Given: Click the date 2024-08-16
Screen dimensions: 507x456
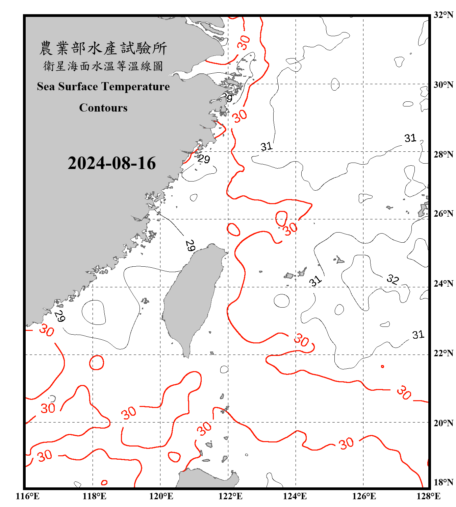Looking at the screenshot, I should point(111,163).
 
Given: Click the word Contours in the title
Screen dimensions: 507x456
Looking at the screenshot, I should point(103,108).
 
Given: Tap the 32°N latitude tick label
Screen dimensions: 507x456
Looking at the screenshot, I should point(443,15).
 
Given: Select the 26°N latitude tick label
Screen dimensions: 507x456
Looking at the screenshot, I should point(443,214).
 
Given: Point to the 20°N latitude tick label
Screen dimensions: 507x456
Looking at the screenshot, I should point(443,423).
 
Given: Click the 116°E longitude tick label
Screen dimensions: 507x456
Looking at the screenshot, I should point(28,496).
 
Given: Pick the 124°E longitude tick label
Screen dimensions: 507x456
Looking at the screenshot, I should point(295,496).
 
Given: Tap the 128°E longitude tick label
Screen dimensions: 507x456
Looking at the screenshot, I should point(428,496).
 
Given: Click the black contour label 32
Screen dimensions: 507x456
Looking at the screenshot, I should point(392,279).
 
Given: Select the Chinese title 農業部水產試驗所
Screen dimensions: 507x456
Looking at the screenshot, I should point(103,48).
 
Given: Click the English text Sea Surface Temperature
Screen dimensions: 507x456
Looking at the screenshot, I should point(103,87).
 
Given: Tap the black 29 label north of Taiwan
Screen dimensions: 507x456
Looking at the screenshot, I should point(190,245).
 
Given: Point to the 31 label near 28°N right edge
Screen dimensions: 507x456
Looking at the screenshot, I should point(410,138).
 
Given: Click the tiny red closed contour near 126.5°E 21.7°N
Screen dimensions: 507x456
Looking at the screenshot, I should point(382,366).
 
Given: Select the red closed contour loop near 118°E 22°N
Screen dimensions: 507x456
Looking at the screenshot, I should point(97,363).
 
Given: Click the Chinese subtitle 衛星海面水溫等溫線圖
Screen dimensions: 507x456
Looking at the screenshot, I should point(103,66).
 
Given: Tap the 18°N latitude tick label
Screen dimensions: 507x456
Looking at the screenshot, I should point(443,482).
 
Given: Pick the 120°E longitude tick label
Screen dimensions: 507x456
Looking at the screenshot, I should point(161,496).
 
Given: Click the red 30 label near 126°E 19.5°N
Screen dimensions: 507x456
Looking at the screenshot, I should point(347,443).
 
